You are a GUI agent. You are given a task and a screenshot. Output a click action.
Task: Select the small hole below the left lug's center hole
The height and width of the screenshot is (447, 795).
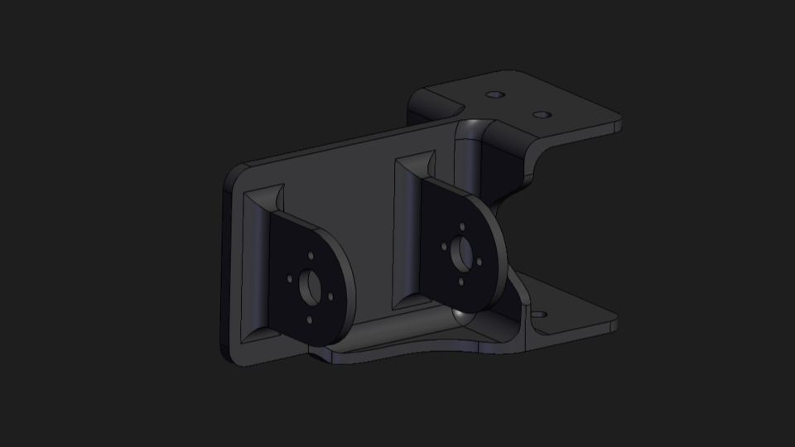coord(310,320)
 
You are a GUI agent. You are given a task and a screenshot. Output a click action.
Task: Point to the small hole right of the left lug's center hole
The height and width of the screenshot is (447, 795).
coord(330,296)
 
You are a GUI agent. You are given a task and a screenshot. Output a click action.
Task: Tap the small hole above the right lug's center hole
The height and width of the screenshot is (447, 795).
coord(461,226)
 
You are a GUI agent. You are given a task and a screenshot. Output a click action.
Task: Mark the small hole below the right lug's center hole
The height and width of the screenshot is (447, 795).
coord(460,281)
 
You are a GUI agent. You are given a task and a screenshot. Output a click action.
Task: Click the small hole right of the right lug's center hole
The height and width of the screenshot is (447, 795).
coord(479,262)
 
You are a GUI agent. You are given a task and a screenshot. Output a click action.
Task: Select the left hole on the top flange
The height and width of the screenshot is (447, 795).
coord(494,95)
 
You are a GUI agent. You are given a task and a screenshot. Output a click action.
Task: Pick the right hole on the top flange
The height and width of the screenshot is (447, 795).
coord(541,114)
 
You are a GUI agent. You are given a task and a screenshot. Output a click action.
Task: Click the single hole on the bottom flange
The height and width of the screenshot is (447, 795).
coord(542,315)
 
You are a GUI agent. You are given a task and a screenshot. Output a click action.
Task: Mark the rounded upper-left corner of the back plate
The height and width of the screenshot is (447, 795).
coord(235,174)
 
